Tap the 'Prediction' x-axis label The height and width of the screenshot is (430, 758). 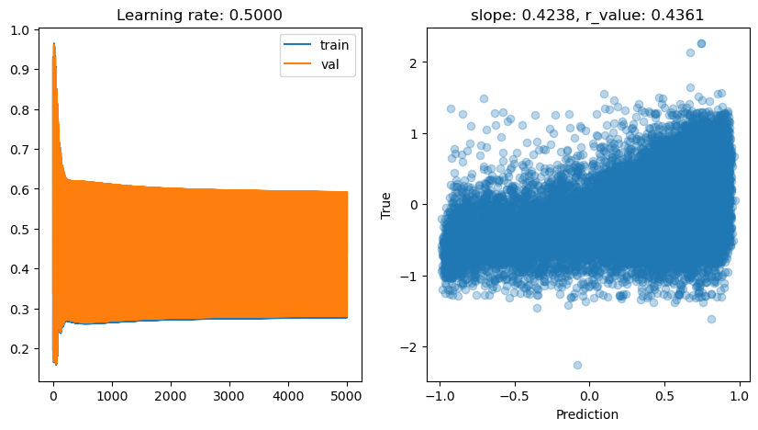588,414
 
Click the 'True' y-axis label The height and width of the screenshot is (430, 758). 386,204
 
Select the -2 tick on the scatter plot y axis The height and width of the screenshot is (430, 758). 410,346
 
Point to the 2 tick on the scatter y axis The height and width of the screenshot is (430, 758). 414,62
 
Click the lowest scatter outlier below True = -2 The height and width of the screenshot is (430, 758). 577,365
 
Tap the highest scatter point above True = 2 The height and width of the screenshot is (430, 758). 701,43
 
